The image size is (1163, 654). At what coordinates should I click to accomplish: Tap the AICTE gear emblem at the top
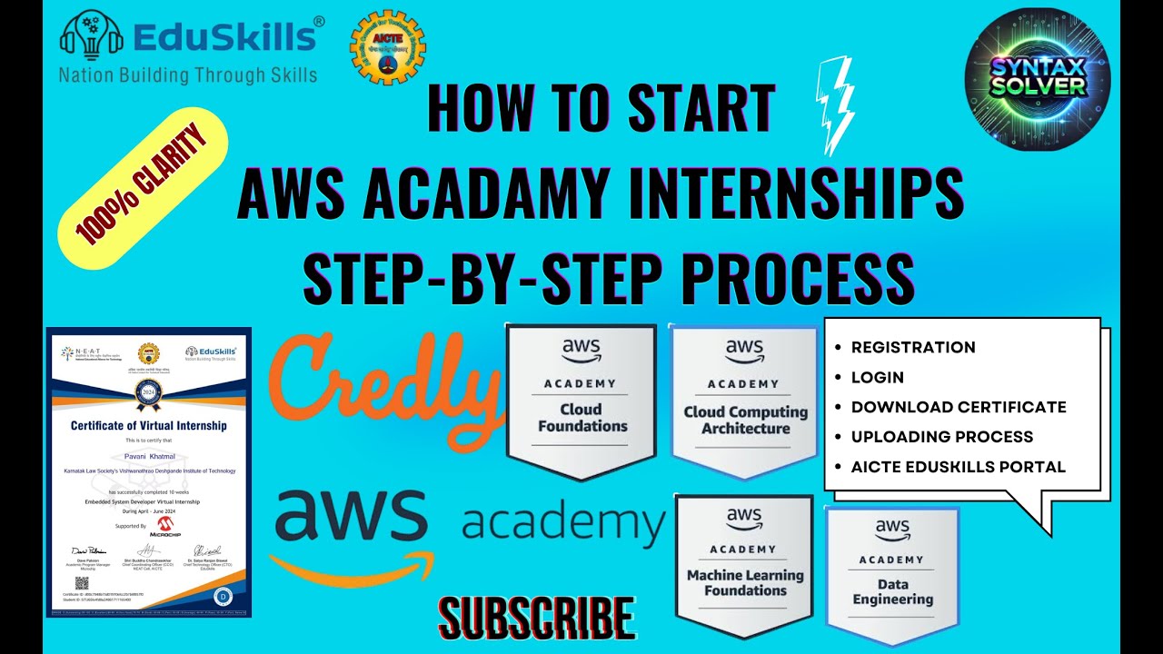(x=388, y=48)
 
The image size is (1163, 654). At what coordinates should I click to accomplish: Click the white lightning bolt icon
(x=833, y=105)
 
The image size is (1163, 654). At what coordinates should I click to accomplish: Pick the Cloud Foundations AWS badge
(x=581, y=400)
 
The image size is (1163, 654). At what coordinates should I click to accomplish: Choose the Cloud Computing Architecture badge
(x=745, y=400)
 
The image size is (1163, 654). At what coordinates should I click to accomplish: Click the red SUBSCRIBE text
(x=536, y=619)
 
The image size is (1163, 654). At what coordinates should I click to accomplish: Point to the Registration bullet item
(x=912, y=347)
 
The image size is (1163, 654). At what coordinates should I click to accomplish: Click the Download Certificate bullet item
(x=958, y=407)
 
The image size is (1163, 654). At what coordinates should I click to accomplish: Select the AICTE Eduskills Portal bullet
(x=958, y=467)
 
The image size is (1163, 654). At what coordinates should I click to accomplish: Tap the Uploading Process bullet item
(x=941, y=437)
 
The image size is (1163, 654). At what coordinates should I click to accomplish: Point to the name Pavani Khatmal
(x=149, y=456)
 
